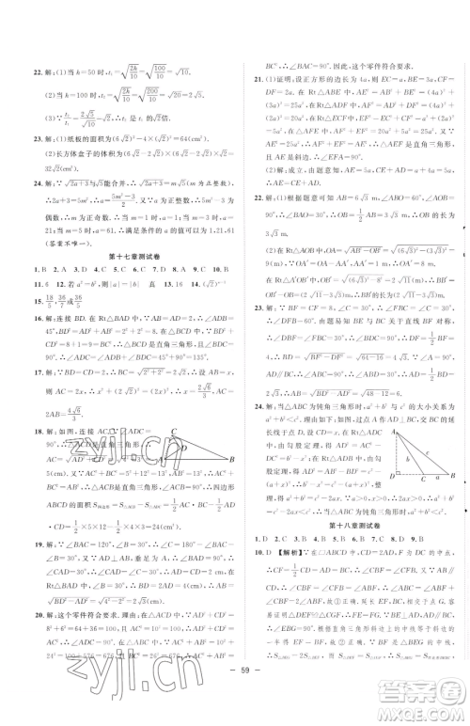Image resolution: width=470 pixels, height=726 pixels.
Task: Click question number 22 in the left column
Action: [x=23, y=72]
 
